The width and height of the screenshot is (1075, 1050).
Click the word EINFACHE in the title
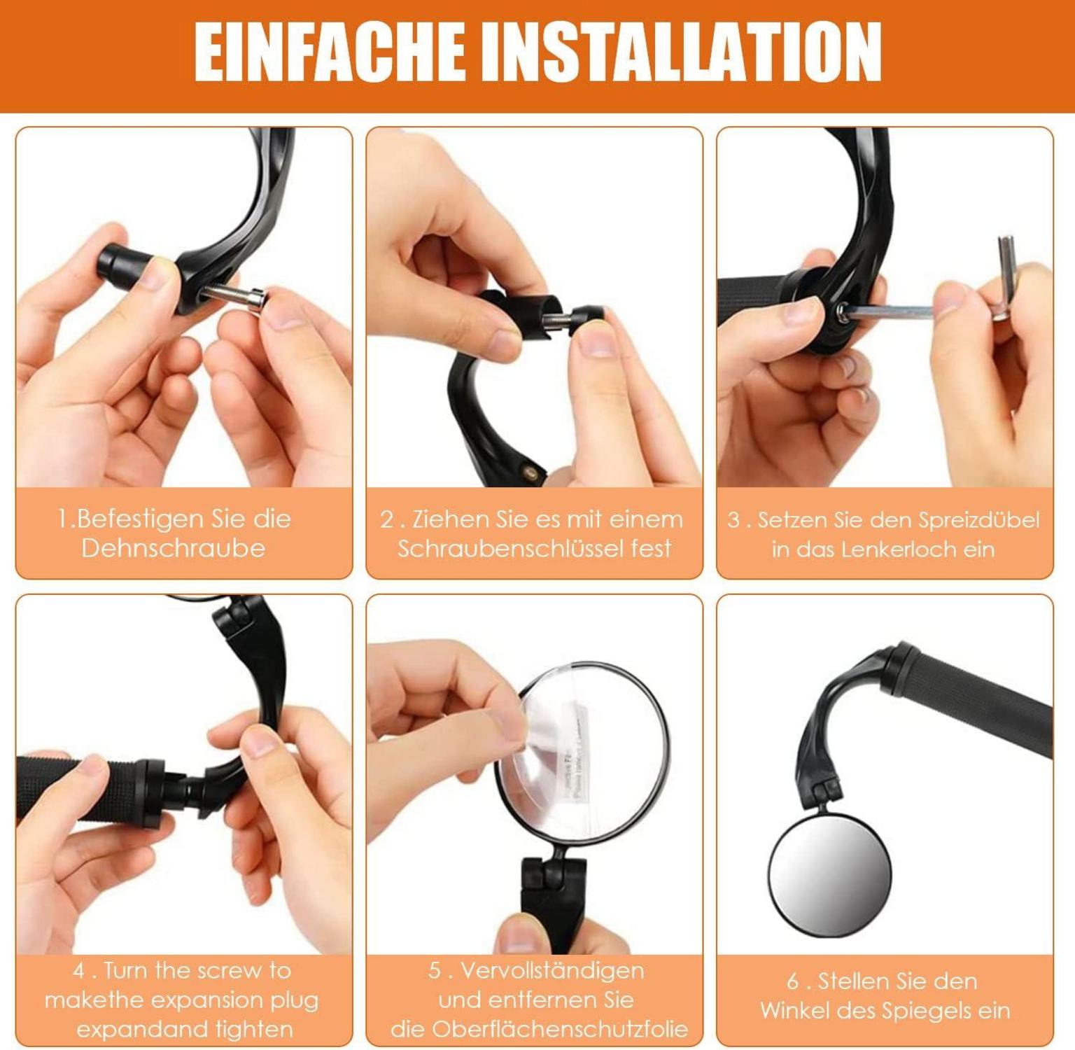[329, 52]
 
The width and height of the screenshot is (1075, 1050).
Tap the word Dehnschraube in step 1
[174, 548]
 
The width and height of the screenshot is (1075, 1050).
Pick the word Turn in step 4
[127, 971]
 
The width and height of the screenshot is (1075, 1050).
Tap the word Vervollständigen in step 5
[552, 971]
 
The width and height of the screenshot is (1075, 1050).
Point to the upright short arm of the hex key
[1005, 278]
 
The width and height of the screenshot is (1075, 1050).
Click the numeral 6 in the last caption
[792, 981]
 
